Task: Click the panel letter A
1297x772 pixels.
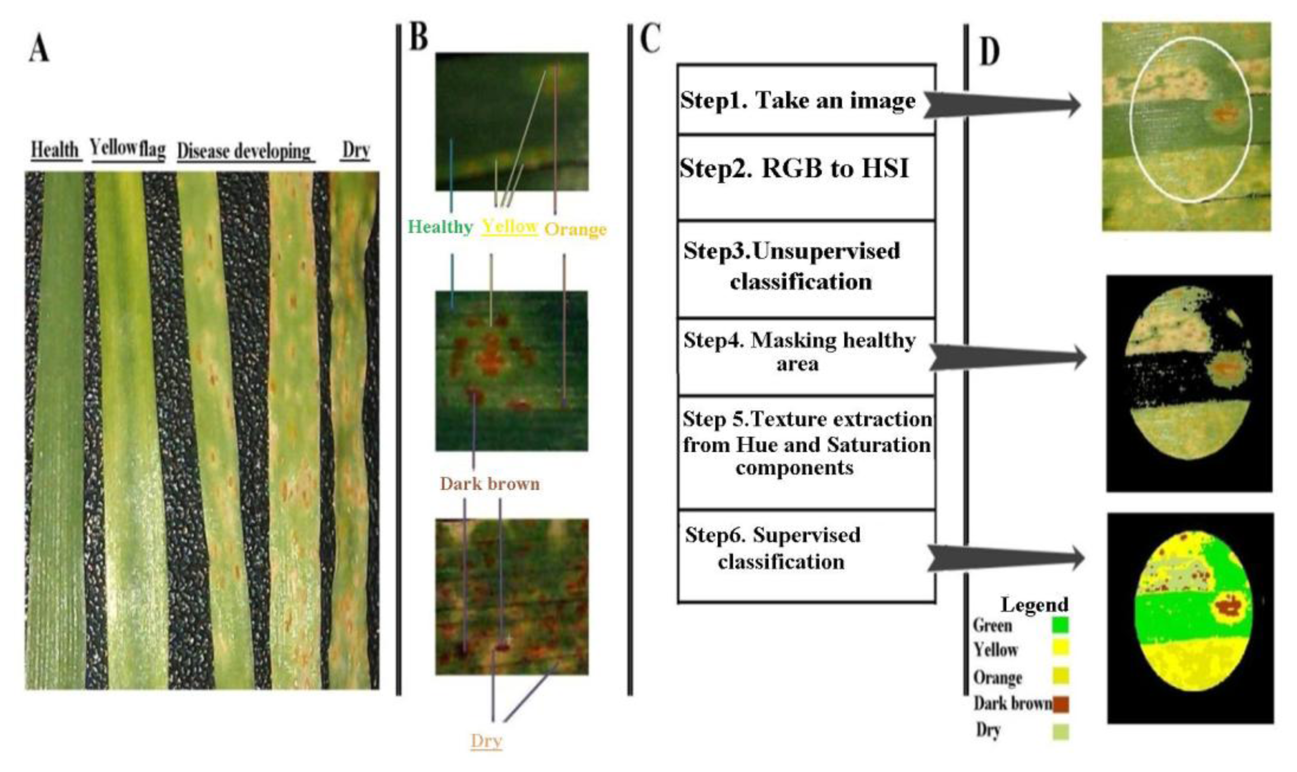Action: [x=39, y=50]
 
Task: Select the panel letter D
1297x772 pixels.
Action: [x=990, y=52]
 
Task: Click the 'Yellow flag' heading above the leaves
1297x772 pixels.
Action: [x=128, y=149]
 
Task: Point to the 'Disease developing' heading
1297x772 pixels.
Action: [x=244, y=151]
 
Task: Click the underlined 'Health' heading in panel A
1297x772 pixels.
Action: [x=55, y=150]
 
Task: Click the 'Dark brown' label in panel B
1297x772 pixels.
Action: [x=490, y=484]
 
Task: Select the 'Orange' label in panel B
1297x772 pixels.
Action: [x=575, y=229]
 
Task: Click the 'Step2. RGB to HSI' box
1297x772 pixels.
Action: [x=806, y=177]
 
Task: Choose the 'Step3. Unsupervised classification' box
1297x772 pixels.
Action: [x=806, y=268]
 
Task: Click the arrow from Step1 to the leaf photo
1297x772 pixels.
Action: [x=1003, y=105]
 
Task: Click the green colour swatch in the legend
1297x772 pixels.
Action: [x=1061, y=625]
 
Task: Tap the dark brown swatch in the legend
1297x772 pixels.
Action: [x=1061, y=704]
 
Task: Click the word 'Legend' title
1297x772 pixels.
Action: [x=1035, y=605]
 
